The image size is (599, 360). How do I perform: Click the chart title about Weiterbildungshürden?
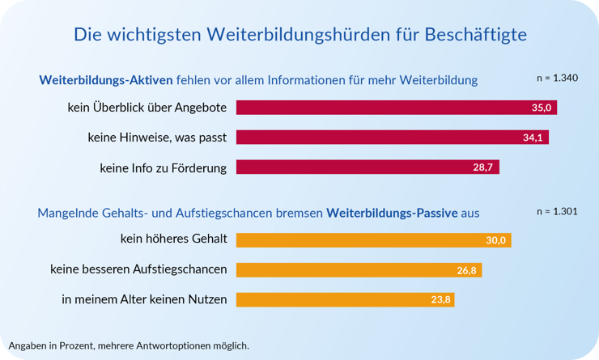(x=300, y=35)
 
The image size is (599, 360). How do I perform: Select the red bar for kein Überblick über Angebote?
(x=396, y=108)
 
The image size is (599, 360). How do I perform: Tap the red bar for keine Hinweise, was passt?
(x=392, y=138)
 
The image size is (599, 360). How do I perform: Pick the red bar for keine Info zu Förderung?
(x=367, y=167)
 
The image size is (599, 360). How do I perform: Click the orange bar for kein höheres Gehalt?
(x=373, y=240)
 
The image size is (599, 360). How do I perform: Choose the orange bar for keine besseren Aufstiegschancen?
(x=359, y=269)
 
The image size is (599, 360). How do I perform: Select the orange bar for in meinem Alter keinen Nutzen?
(x=345, y=299)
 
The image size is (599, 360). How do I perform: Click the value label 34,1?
(x=533, y=138)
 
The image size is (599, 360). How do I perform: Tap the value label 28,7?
(x=484, y=167)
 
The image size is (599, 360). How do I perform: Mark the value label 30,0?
(x=495, y=240)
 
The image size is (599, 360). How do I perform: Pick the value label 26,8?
(x=466, y=270)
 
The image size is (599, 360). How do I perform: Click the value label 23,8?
(x=440, y=300)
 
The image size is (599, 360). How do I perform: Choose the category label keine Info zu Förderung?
(x=164, y=167)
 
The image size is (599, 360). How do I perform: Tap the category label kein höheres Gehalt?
(x=173, y=239)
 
